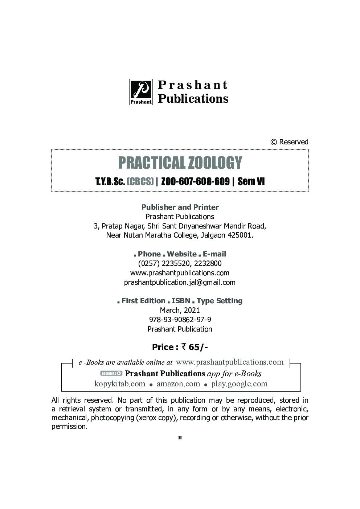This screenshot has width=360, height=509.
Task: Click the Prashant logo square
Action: tap(141, 92)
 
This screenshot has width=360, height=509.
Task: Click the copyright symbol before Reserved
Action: tap(274, 142)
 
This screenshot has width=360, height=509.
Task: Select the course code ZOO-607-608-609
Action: tap(195, 181)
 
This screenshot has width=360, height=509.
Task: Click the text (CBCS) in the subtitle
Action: tap(140, 181)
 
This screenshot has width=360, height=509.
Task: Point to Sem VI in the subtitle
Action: tap(251, 181)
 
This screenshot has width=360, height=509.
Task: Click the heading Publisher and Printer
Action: tap(180, 207)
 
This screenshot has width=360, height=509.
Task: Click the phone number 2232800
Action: tap(208, 263)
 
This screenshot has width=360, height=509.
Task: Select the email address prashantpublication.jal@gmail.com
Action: tap(180, 282)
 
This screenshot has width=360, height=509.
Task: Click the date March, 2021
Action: tap(180, 310)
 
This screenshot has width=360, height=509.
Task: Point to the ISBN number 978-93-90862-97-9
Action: tap(180, 320)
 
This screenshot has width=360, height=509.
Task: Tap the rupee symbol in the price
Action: tap(184, 347)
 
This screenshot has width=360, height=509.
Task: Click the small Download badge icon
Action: tap(111, 373)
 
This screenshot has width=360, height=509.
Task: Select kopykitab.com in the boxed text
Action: tap(120, 384)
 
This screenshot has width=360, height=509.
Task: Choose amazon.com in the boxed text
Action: tap(178, 384)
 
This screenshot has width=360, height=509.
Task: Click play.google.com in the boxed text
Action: tap(239, 384)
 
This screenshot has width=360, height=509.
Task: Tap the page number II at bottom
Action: tap(180, 438)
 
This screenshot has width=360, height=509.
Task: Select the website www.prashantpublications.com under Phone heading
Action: tap(180, 273)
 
